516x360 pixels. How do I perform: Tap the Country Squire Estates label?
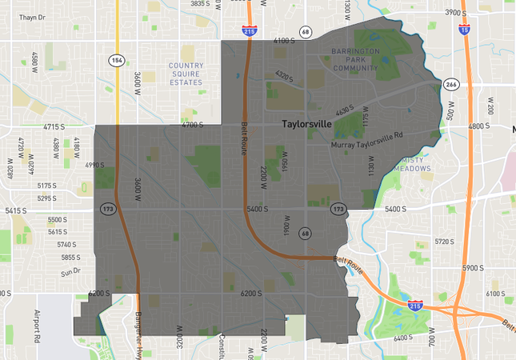pyautogui.click(x=186, y=74)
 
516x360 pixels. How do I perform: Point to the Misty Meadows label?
pyautogui.click(x=413, y=164)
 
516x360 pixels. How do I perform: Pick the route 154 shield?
pyautogui.click(x=117, y=61)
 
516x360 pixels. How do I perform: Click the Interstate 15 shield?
pyautogui.click(x=465, y=30)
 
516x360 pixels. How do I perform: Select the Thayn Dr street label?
pyautogui.click(x=31, y=17)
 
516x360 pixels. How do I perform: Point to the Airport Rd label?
pyautogui.click(x=37, y=326)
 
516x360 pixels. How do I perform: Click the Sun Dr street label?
pyautogui.click(x=71, y=272)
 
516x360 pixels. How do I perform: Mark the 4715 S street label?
pyautogui.click(x=54, y=126)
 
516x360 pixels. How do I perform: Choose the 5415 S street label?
pyautogui.click(x=16, y=210)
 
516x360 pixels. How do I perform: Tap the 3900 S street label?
pyautogui.click(x=455, y=12)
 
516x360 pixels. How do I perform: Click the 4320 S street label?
pyautogui.click(x=284, y=76)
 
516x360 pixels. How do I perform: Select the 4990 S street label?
pyautogui.click(x=94, y=165)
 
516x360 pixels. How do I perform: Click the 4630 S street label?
pyautogui.click(x=345, y=110)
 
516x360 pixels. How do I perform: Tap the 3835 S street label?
pyautogui.click(x=201, y=4)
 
